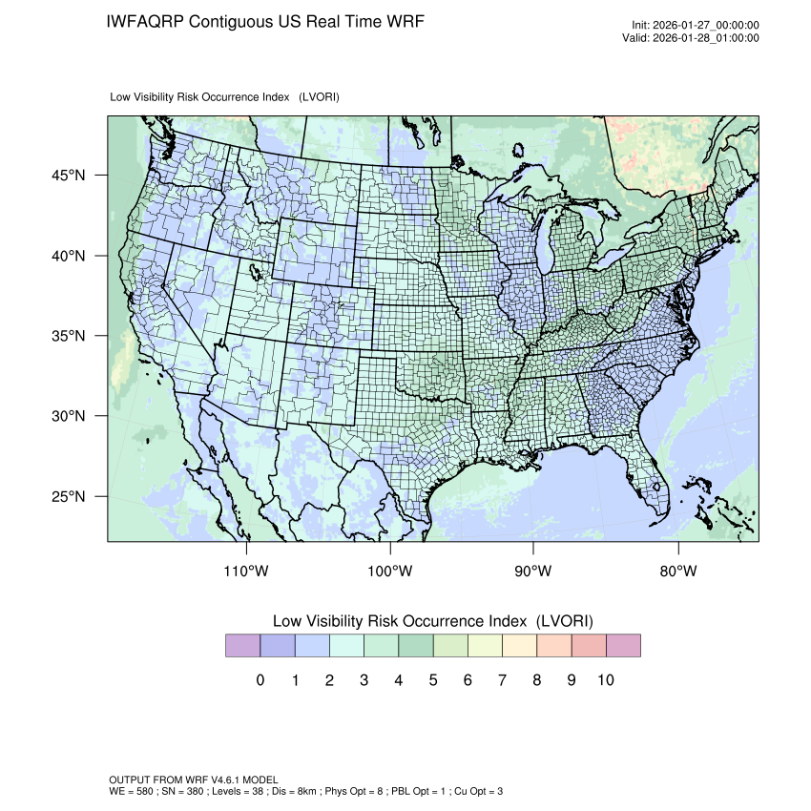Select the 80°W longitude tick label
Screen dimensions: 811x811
click(677, 572)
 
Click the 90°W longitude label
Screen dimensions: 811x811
click(533, 572)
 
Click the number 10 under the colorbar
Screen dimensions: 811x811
click(605, 680)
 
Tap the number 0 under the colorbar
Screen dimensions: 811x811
click(260, 680)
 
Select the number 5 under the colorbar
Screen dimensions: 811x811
click(433, 680)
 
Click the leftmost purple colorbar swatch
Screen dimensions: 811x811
click(242, 646)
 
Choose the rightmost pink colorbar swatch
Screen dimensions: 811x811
click(623, 646)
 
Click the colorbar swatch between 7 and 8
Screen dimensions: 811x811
click(519, 646)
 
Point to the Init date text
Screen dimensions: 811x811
click(696, 26)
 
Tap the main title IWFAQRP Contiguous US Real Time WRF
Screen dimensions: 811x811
click(265, 21)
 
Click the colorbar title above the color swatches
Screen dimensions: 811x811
click(433, 621)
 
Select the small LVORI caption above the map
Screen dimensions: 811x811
click(225, 97)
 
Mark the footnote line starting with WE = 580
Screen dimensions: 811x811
click(305, 791)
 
